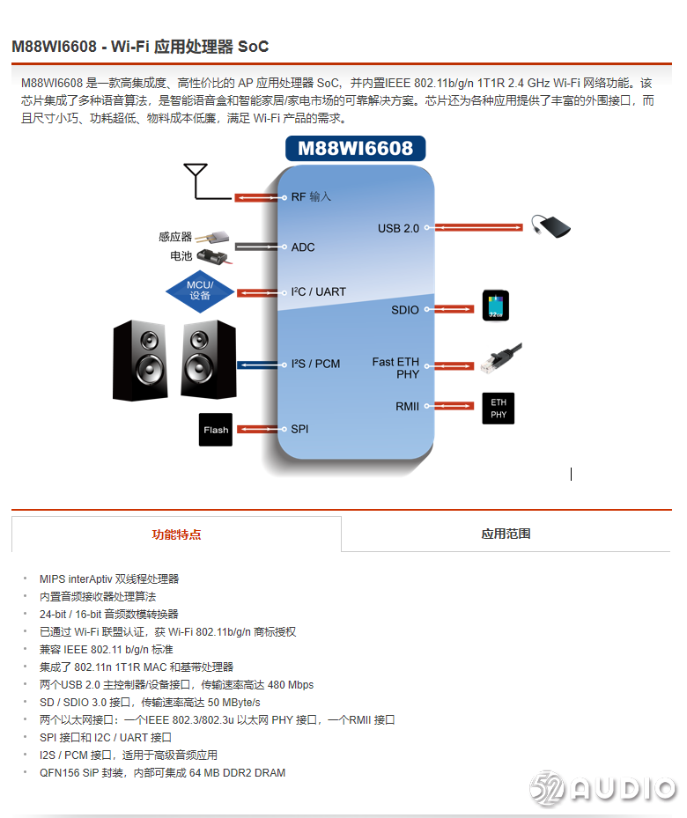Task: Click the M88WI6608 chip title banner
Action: pyautogui.click(x=355, y=148)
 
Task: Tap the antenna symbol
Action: pyautogui.click(x=195, y=179)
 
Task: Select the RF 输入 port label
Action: pyautogui.click(x=311, y=197)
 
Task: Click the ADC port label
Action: pyautogui.click(x=303, y=247)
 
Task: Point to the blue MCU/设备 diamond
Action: pyautogui.click(x=200, y=291)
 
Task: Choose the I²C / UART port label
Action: pyautogui.click(x=319, y=292)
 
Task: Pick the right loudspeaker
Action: pyautogui.click(x=209, y=359)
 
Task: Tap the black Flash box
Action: pyautogui.click(x=216, y=430)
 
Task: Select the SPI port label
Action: pyautogui.click(x=300, y=430)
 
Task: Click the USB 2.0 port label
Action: pyautogui.click(x=398, y=229)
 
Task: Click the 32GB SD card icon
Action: pyautogui.click(x=496, y=306)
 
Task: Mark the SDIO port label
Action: pyautogui.click(x=405, y=310)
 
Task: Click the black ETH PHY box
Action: pyautogui.click(x=498, y=409)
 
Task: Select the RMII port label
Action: pyautogui.click(x=408, y=406)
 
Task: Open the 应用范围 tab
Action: pyautogui.click(x=506, y=534)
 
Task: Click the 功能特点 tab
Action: pyautogui.click(x=176, y=534)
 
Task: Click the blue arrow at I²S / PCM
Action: pyautogui.click(x=257, y=365)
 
